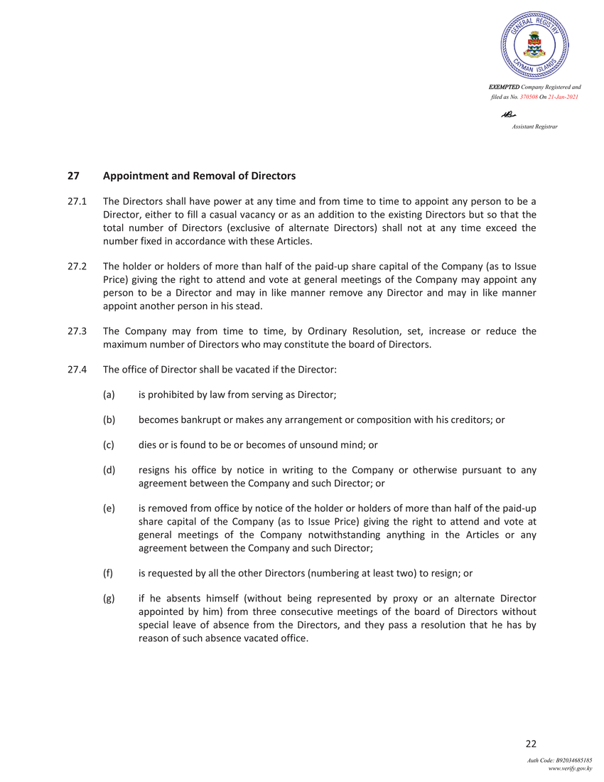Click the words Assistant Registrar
click(x=534, y=127)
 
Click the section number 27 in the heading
click(x=72, y=176)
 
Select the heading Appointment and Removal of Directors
click(x=199, y=176)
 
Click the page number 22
click(x=530, y=744)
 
